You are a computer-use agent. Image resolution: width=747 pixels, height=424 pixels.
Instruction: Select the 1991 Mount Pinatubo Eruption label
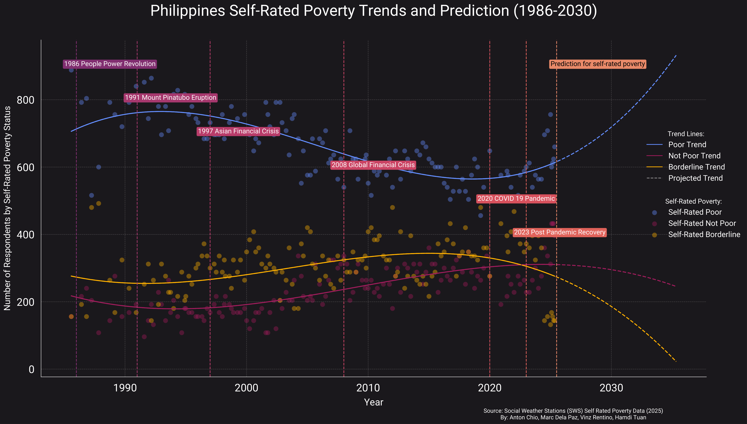click(171, 98)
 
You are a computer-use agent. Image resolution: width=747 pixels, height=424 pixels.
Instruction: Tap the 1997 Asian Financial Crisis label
click(238, 131)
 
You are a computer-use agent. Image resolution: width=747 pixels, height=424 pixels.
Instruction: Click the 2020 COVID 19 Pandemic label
click(516, 199)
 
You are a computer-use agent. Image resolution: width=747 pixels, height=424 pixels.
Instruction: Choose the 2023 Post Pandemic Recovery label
click(559, 232)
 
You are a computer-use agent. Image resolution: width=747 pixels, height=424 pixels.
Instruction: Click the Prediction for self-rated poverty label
click(598, 64)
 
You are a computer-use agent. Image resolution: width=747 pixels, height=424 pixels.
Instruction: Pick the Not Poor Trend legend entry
click(694, 156)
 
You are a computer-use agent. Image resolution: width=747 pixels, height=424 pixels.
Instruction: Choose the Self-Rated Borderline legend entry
click(704, 234)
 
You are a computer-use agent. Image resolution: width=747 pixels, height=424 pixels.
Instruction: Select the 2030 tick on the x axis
click(611, 388)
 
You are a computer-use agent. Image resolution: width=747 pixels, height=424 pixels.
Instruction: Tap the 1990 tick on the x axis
click(125, 388)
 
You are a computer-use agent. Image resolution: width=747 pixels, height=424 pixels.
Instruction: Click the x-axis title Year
click(374, 403)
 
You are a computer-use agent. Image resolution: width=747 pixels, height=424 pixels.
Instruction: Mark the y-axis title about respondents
click(7, 208)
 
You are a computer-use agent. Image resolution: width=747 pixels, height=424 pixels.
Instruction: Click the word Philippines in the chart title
click(188, 11)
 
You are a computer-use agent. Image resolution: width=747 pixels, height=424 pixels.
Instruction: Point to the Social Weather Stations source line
click(573, 411)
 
